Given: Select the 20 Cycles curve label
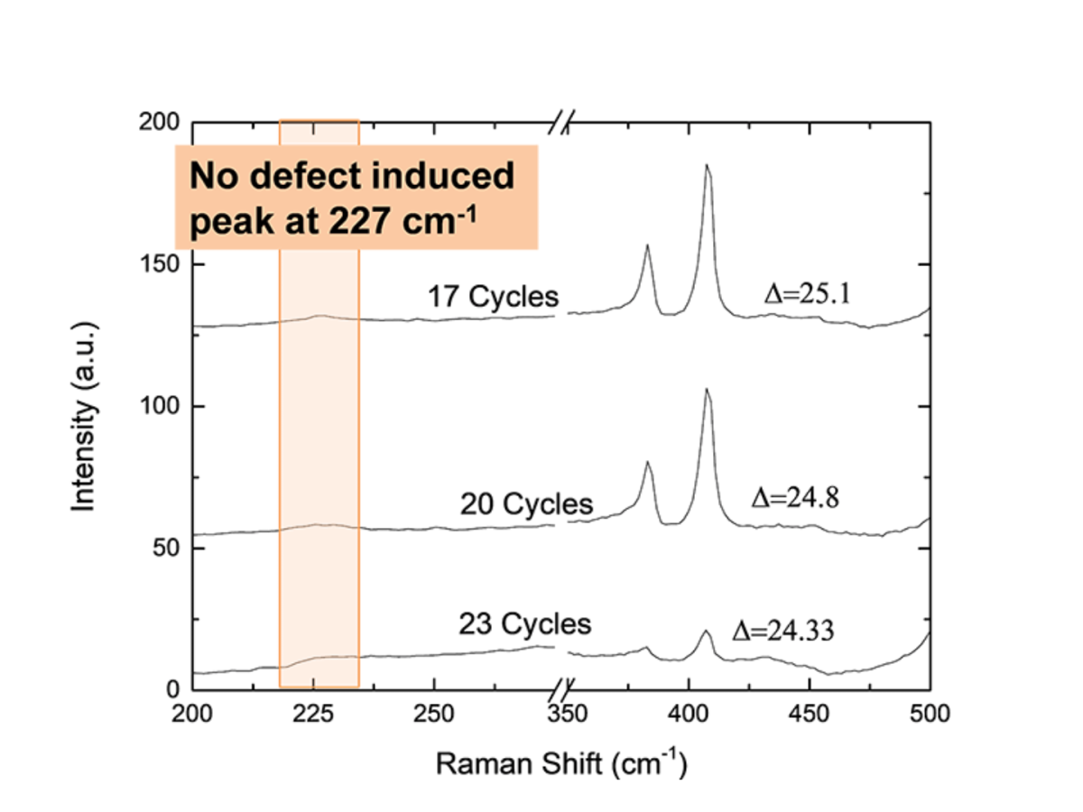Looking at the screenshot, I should point(526,503).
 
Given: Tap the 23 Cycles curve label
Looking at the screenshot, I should point(525,623).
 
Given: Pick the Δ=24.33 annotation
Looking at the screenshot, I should point(782,631).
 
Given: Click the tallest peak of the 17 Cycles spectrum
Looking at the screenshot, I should point(707,166).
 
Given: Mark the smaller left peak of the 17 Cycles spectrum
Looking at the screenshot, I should point(647,245).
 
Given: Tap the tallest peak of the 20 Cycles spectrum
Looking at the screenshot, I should point(707,390).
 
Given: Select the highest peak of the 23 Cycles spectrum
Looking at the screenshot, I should point(706,632).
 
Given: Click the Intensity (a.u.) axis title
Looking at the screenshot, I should point(85,406).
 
